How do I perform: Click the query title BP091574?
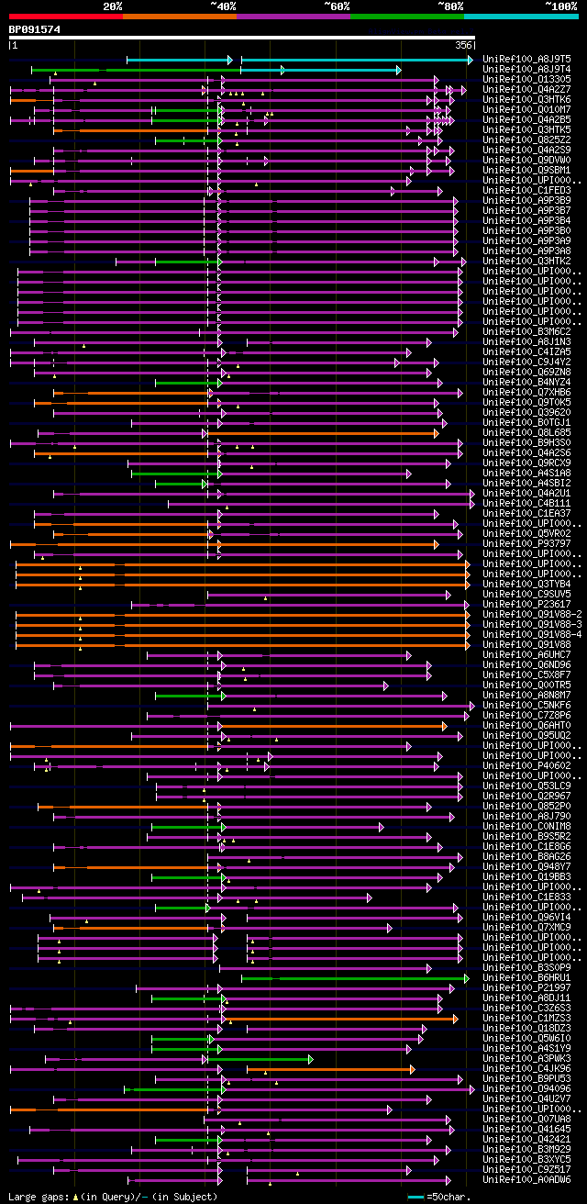coord(35,29)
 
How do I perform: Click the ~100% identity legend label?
coord(559,6)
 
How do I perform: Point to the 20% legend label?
coord(113,6)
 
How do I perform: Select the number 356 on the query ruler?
coord(463,45)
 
